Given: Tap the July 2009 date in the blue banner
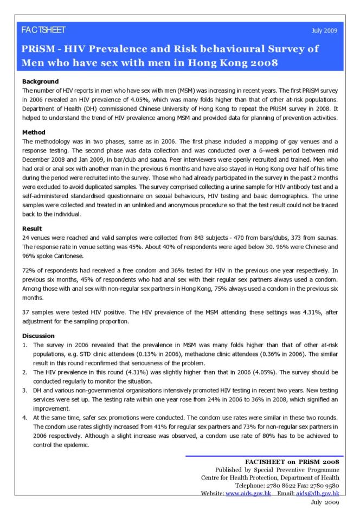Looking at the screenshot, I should tap(325, 30).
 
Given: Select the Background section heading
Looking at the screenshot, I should tap(41, 82).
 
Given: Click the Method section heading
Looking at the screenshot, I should tap(34, 132).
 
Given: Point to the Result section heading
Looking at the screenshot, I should tap(32, 229).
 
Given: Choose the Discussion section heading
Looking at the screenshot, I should tap(38, 336).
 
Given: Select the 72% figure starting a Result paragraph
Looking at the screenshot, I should tap(29, 270).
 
